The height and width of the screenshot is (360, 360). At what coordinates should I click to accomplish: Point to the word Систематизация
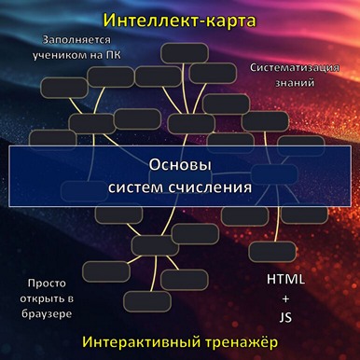coord(294,68)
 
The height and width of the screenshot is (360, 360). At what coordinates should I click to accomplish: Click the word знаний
coord(294,82)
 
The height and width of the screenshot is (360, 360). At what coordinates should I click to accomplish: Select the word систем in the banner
coord(135,187)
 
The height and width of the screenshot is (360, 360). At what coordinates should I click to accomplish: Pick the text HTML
coord(285,280)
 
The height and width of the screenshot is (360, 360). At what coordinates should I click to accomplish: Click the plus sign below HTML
coord(285,298)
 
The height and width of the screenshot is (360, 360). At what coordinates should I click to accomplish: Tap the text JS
coord(285,317)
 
